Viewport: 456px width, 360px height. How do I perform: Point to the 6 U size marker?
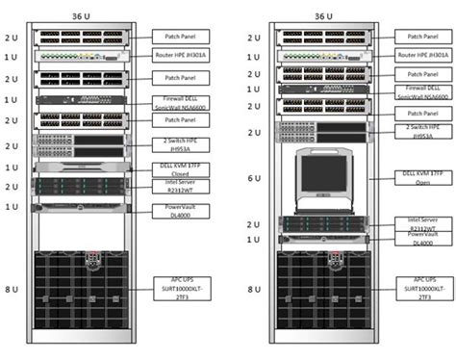[x=253, y=177]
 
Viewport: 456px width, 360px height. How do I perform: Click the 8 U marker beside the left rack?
[x=11, y=288]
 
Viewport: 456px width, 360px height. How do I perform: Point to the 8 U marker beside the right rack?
[x=253, y=288]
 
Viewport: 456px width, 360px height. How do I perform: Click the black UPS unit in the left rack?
[x=81, y=289]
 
